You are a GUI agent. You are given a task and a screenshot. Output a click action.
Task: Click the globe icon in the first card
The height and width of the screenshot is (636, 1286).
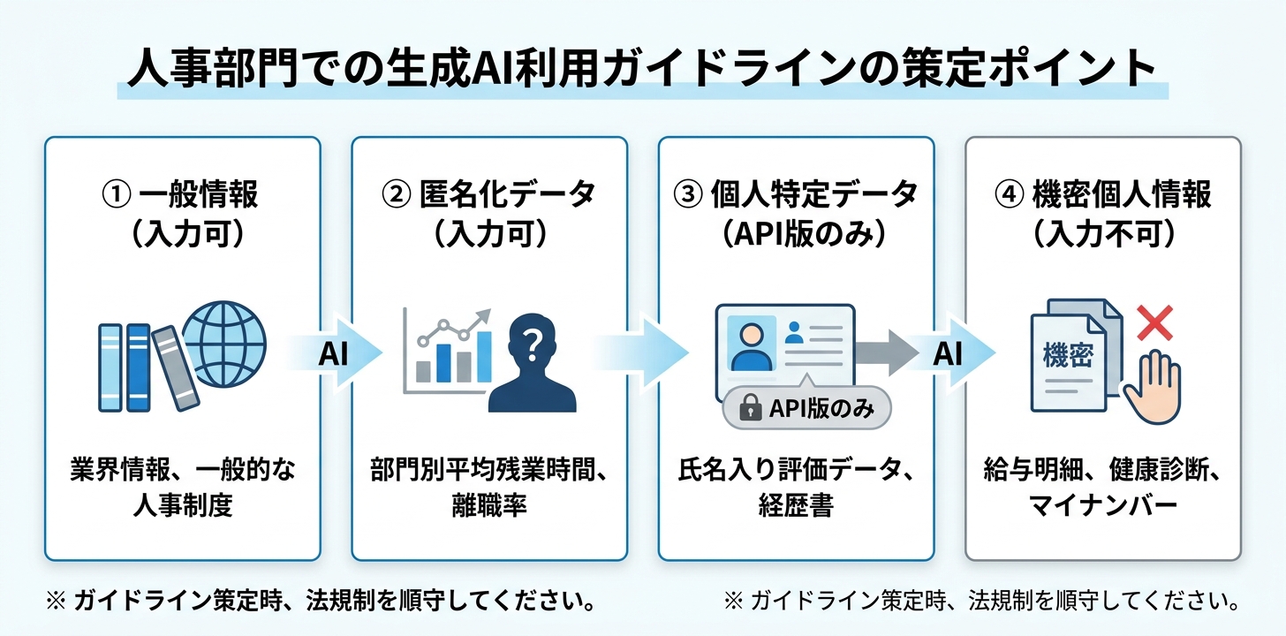tap(224, 344)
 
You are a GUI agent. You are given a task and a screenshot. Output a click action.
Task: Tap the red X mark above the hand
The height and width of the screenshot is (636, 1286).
tap(1154, 323)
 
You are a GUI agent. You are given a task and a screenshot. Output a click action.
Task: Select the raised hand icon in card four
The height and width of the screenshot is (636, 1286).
tap(1153, 388)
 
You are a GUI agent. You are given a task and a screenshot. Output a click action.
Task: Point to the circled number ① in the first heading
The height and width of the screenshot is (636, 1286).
tap(117, 194)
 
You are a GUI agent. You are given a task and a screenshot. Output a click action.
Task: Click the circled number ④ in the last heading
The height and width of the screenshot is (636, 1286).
tap(1010, 194)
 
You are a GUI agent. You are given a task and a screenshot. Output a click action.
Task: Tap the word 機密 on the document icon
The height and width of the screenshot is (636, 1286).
tap(1068, 355)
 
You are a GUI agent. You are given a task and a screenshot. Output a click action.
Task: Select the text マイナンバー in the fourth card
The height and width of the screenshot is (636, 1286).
tap(1102, 505)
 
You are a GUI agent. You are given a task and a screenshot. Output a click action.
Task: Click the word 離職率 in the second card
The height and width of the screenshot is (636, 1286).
tap(489, 505)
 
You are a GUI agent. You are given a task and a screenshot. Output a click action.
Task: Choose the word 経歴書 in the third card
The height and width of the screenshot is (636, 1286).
tap(796, 505)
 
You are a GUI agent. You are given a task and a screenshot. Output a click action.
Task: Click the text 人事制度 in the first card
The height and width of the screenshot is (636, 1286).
tap(183, 505)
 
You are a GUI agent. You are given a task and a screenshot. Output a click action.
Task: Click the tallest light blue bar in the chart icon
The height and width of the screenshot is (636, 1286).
tap(484, 357)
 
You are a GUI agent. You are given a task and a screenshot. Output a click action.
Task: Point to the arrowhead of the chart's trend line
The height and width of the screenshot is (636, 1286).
tap(485, 315)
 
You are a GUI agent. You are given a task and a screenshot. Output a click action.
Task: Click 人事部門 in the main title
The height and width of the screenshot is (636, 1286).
tap(213, 68)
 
